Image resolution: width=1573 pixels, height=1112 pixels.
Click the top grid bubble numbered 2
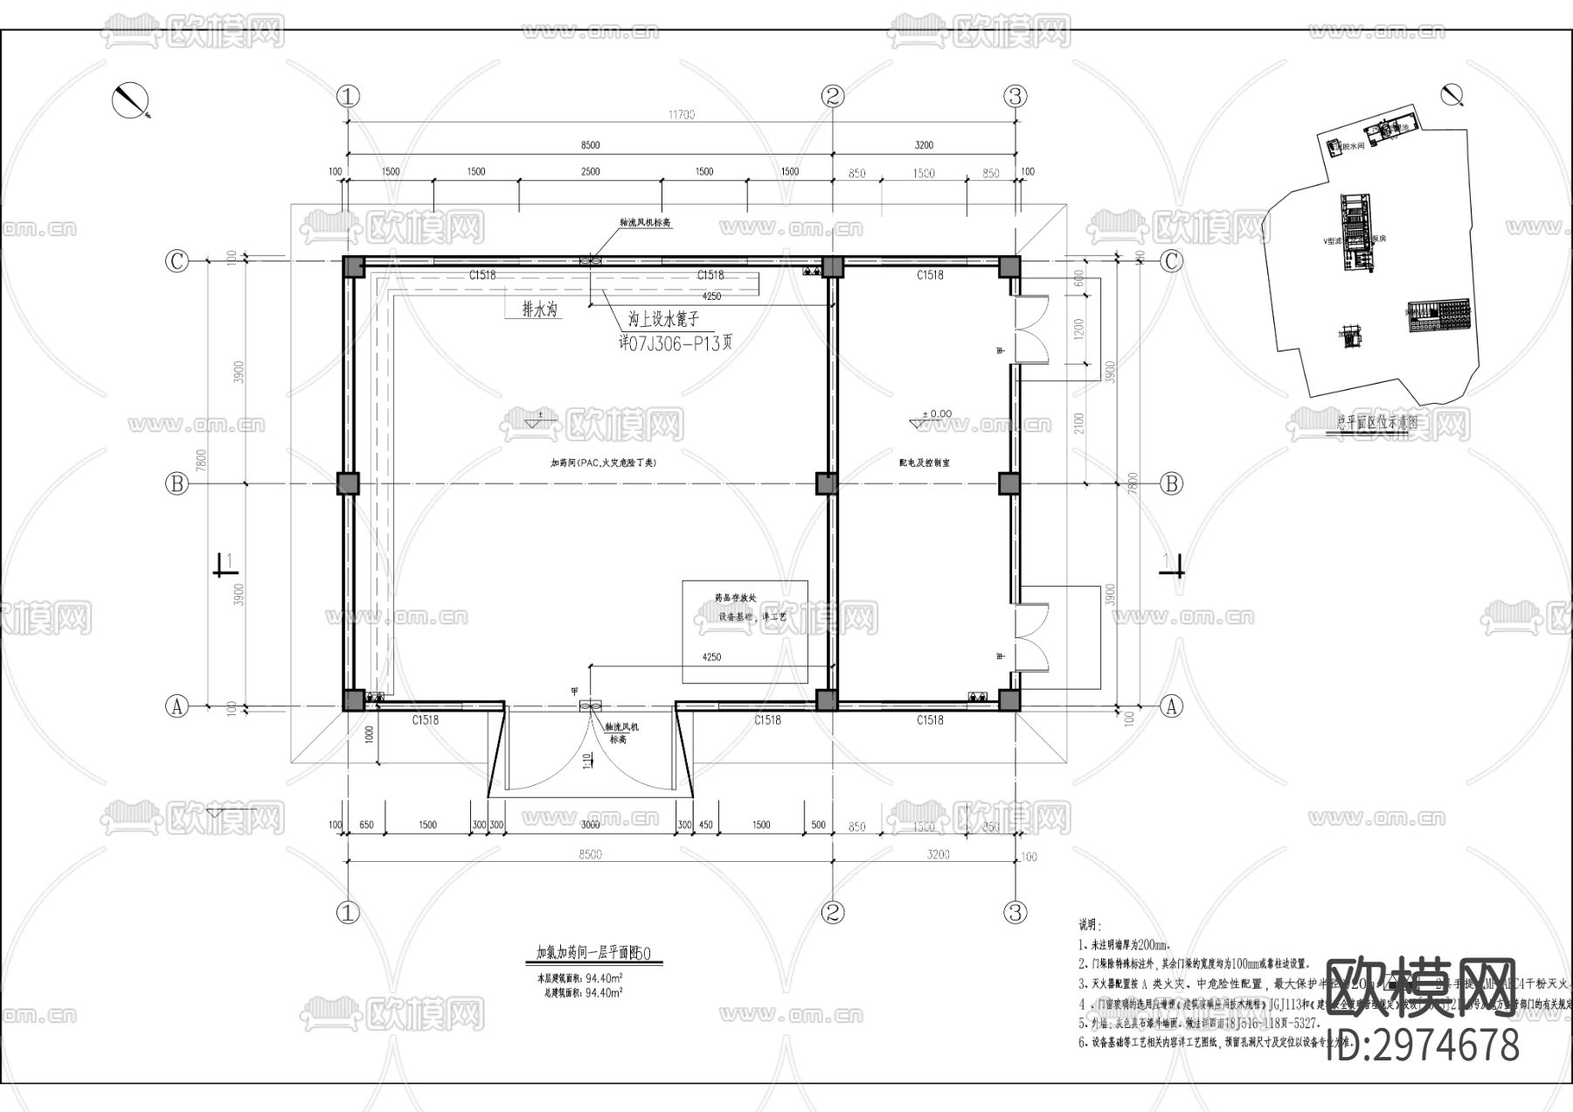(x=833, y=95)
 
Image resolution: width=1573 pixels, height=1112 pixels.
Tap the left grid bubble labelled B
(x=177, y=483)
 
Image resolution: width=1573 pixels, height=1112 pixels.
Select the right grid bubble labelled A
(x=1172, y=706)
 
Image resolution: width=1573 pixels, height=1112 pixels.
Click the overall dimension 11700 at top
(x=681, y=115)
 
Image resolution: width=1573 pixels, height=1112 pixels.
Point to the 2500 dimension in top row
(x=590, y=171)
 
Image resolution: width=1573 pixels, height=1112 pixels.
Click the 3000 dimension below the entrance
(x=590, y=824)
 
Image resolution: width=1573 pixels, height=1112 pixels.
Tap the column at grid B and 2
(x=827, y=483)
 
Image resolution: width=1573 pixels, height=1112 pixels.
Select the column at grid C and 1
(x=352, y=267)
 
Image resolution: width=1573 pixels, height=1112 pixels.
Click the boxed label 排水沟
(x=540, y=309)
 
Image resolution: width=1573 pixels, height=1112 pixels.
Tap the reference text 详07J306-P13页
(x=675, y=344)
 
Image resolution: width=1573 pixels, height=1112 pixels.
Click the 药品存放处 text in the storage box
(x=734, y=599)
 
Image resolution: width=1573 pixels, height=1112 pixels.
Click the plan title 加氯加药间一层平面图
(x=587, y=953)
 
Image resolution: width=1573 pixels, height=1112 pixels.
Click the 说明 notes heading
(x=1087, y=925)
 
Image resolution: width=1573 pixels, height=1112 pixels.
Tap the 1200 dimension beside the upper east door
(x=1078, y=330)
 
